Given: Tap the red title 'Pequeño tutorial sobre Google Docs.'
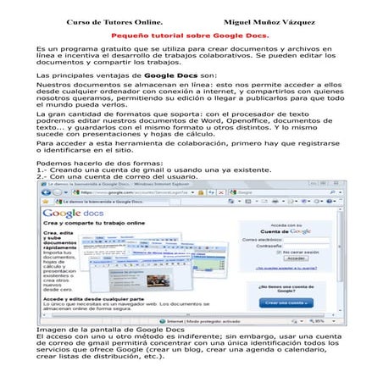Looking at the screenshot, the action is [x=191, y=36].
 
